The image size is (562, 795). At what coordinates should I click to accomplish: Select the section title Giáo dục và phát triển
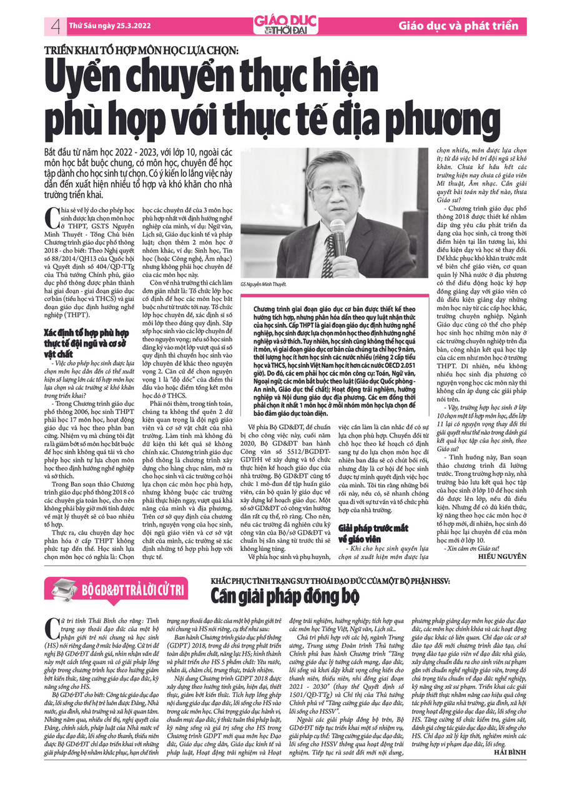[x=459, y=26]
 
